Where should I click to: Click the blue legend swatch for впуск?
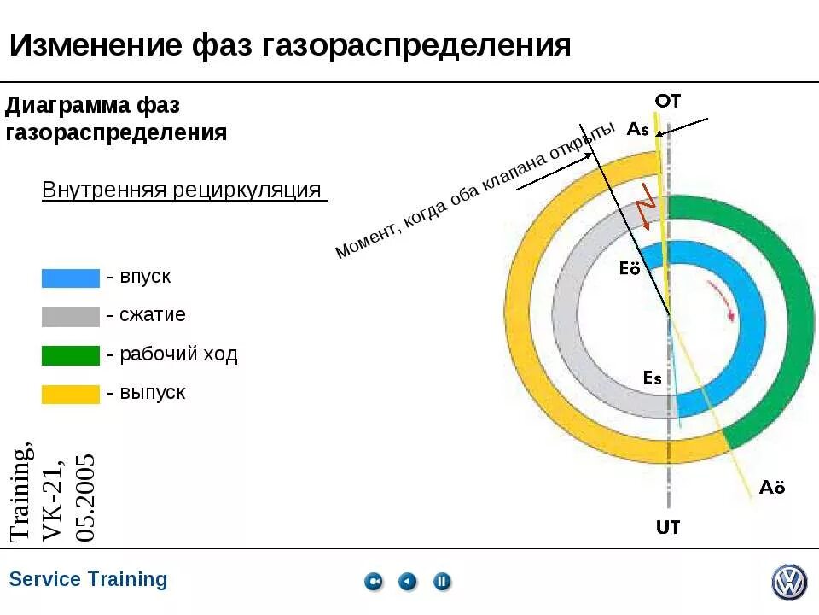click(70, 278)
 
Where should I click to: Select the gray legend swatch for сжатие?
click(70, 317)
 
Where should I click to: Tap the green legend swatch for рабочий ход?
click(70, 355)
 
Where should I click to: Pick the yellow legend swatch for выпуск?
click(70, 394)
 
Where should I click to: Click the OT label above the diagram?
click(668, 101)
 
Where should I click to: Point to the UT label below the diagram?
click(668, 527)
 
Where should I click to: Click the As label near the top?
click(638, 130)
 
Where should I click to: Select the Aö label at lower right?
click(772, 488)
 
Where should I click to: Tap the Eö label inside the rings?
click(630, 268)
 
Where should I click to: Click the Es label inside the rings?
click(653, 378)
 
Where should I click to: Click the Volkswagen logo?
click(789, 583)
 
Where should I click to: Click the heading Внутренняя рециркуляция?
click(182, 190)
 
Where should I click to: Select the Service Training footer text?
click(88, 579)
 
